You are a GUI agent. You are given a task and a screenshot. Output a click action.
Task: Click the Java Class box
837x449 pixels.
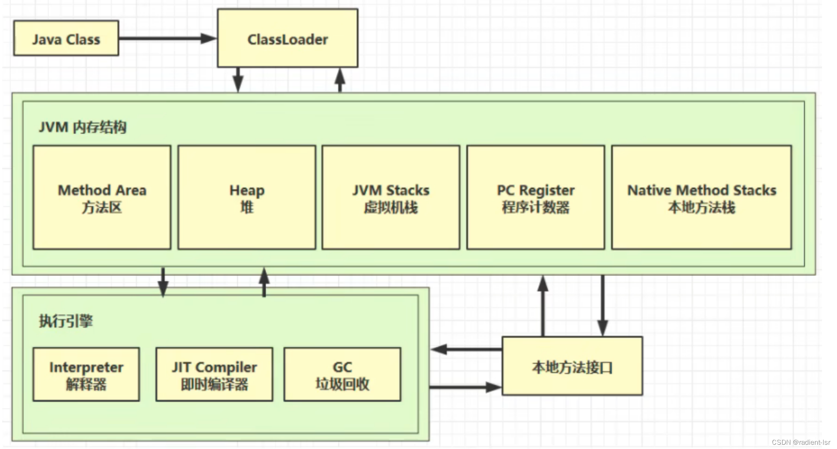click(x=66, y=38)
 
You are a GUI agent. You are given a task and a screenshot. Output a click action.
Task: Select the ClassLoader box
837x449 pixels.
click(x=288, y=38)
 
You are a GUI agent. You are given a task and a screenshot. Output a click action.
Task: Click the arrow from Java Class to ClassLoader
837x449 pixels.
click(x=167, y=38)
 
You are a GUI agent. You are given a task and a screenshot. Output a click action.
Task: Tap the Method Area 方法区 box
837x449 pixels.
click(x=102, y=198)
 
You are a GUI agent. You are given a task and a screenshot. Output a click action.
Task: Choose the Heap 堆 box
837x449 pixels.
click(x=246, y=198)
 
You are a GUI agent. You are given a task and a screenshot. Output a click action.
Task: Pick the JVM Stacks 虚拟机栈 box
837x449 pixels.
click(x=391, y=198)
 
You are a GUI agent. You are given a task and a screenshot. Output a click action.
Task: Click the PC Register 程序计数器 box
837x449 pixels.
click(x=535, y=198)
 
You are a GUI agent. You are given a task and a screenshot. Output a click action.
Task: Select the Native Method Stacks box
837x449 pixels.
click(x=701, y=198)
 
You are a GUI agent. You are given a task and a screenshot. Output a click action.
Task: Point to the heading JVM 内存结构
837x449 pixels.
click(x=83, y=127)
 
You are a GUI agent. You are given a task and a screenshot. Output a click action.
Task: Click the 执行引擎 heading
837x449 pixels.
click(x=66, y=321)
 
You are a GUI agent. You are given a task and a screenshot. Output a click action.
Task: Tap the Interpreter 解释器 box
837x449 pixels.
click(x=86, y=375)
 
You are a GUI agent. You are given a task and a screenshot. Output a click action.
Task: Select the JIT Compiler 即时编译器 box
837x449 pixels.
click(x=214, y=375)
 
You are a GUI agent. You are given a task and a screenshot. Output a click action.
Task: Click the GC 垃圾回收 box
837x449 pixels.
click(x=342, y=375)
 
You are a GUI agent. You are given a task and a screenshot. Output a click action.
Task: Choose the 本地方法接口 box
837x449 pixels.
click(x=572, y=366)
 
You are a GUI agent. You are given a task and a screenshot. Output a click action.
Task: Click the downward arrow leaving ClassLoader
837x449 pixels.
click(x=238, y=80)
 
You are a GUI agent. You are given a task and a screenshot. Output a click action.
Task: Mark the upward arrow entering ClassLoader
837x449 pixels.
click(x=340, y=80)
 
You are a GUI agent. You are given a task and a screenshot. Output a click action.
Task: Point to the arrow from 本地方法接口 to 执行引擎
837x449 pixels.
click(x=466, y=349)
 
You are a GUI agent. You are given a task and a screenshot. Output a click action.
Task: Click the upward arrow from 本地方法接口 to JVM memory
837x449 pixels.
click(x=543, y=306)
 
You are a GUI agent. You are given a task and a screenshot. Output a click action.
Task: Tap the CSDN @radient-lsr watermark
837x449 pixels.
click(x=801, y=442)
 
